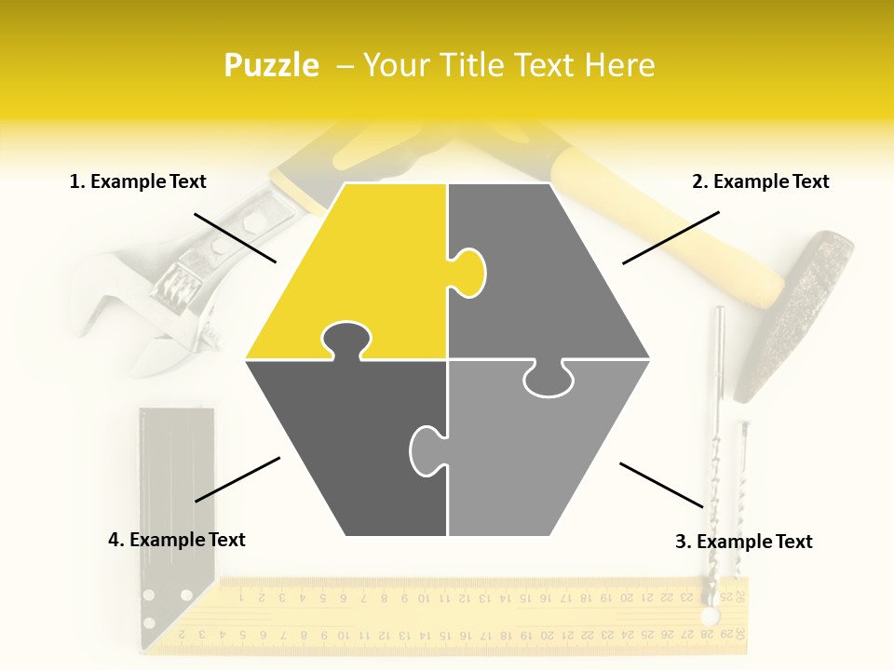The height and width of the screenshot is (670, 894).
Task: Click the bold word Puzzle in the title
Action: [x=271, y=65]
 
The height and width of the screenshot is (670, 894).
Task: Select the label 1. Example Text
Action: [x=138, y=181]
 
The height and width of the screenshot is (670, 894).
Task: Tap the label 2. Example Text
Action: [x=760, y=181]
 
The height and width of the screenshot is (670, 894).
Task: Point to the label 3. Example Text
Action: [x=743, y=542]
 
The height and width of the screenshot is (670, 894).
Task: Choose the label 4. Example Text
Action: [x=177, y=540]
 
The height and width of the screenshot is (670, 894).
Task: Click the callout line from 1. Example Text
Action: [x=235, y=238]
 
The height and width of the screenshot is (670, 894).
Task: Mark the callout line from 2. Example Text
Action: [x=670, y=237]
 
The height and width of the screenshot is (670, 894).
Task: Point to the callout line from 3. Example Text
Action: [x=661, y=485]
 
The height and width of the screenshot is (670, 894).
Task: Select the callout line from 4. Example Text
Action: [x=237, y=479]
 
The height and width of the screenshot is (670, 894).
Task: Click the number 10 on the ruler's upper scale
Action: [x=424, y=598]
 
